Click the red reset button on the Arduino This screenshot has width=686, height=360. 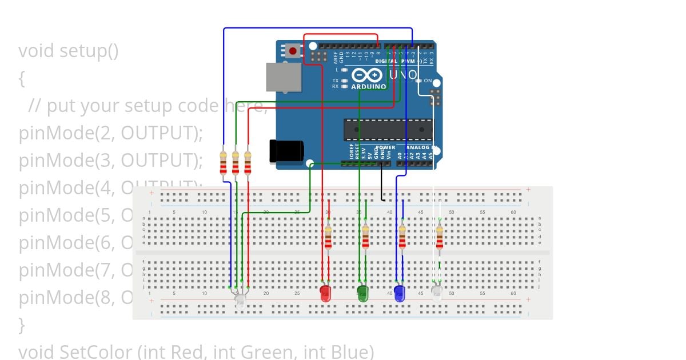coord(293,51)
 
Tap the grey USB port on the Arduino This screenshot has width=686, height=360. coord(284,77)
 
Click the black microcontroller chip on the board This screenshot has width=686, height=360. coord(388,130)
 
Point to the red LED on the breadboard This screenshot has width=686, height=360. coord(325,294)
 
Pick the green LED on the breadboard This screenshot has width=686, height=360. coord(362,294)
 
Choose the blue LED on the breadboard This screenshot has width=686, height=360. coord(400,294)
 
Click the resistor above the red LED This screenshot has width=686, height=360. coord(328,237)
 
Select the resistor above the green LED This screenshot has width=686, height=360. coord(365,237)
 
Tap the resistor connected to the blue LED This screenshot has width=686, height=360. coord(402,237)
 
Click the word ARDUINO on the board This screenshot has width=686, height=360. coord(369,86)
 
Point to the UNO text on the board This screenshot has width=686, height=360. coord(402,75)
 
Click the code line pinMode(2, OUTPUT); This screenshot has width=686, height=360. coord(111,133)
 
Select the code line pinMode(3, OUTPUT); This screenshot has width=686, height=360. coord(111,161)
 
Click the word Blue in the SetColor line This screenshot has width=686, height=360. coord(349,351)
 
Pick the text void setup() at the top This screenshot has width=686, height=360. coord(69,51)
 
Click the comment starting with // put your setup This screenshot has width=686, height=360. coord(143,106)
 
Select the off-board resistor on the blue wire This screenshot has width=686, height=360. coord(224,163)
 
